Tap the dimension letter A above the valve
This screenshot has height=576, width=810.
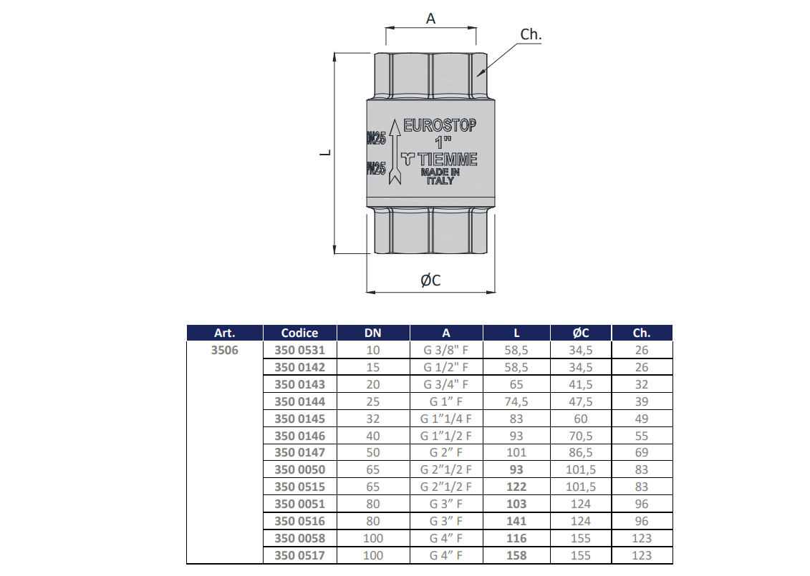(430, 19)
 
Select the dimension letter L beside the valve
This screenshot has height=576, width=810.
(324, 152)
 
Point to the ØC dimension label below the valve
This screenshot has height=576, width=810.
(430, 280)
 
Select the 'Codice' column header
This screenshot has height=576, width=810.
(299, 333)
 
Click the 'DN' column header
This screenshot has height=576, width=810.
(373, 333)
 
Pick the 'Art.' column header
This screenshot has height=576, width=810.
(224, 333)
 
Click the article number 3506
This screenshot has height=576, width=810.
(224, 351)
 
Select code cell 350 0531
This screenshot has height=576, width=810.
(299, 351)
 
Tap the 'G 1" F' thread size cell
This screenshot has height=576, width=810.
(446, 401)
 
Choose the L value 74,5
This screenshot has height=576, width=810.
(516, 401)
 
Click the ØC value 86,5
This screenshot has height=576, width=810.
(581, 452)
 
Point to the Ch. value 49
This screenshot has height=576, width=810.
(642, 419)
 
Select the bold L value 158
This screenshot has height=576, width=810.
(516, 555)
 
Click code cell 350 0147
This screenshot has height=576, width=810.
(299, 452)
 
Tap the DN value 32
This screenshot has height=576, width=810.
(373, 419)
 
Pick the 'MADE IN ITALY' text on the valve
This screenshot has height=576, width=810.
(440, 177)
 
